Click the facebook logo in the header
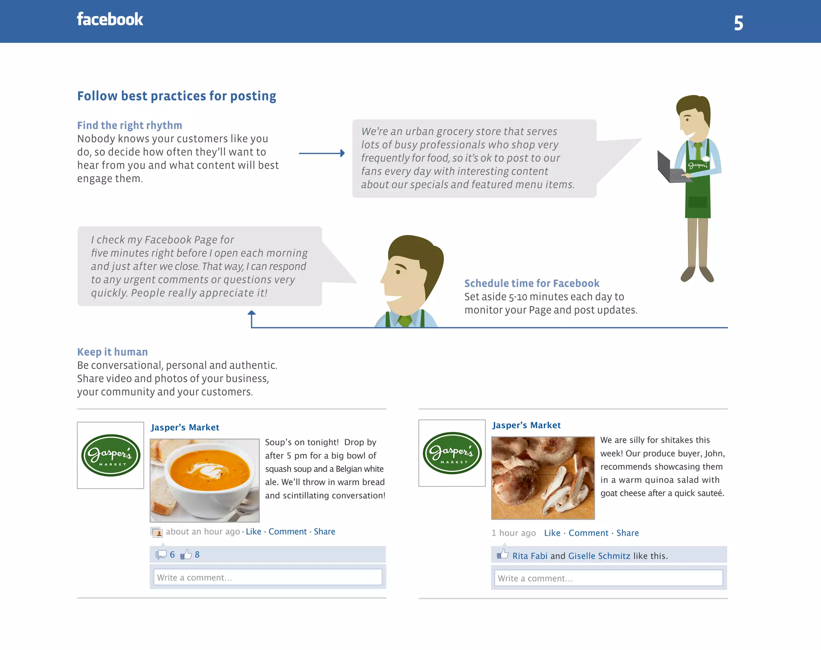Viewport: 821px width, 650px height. (x=110, y=19)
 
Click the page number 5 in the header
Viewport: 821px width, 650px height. (x=738, y=23)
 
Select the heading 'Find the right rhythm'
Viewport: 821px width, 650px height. (x=129, y=126)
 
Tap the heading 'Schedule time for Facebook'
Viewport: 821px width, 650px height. (x=532, y=283)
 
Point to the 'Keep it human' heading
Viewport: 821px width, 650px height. (x=112, y=352)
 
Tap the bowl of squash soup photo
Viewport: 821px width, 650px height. (x=204, y=480)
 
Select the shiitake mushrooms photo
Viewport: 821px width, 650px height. (x=543, y=478)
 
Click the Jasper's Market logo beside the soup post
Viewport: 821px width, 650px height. (x=111, y=455)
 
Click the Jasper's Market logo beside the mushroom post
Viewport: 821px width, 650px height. (x=452, y=453)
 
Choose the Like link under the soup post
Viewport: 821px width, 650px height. (x=253, y=532)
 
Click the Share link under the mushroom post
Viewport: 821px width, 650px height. (x=627, y=533)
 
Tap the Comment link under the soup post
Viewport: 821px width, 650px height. (x=287, y=532)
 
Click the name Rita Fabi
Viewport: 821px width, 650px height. (x=530, y=556)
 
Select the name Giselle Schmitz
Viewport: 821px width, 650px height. (x=599, y=556)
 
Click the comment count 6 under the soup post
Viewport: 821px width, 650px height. (x=172, y=555)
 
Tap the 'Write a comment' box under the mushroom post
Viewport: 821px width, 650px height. (x=608, y=578)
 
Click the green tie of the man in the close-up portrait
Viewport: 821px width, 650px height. (x=405, y=321)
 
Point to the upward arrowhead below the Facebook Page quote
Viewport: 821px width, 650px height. (x=251, y=313)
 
